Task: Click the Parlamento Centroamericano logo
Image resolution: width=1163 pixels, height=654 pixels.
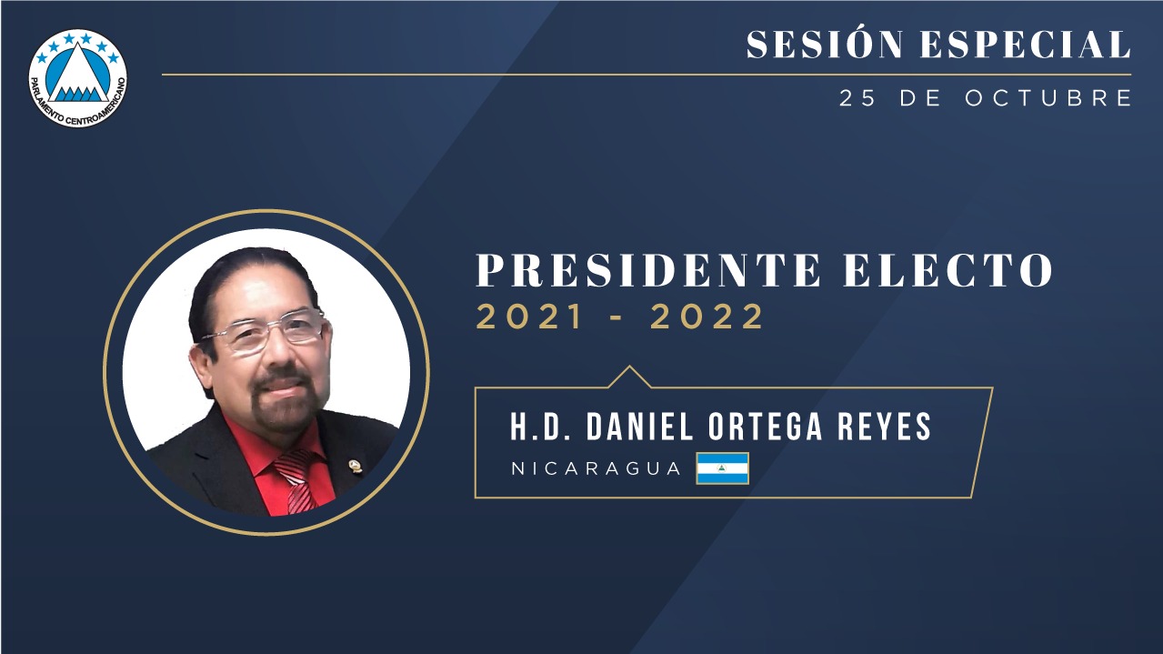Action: pyautogui.click(x=78, y=78)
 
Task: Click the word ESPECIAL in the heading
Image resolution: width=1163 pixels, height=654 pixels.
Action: pyautogui.click(x=1026, y=45)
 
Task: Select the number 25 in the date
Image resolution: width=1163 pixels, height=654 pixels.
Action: pyautogui.click(x=857, y=98)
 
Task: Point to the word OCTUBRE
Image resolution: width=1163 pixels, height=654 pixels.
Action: pyautogui.click(x=1048, y=98)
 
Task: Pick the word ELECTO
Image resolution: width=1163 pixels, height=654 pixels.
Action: pyautogui.click(x=948, y=270)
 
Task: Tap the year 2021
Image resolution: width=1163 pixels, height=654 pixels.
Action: pyautogui.click(x=529, y=317)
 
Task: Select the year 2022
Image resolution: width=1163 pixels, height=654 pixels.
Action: pyautogui.click(x=707, y=317)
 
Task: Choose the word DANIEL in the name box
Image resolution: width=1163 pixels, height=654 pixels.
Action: pyautogui.click(x=639, y=427)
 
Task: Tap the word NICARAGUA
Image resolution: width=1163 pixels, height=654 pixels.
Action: pyautogui.click(x=596, y=468)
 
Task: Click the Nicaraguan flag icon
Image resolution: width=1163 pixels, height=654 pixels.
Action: pyautogui.click(x=722, y=468)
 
